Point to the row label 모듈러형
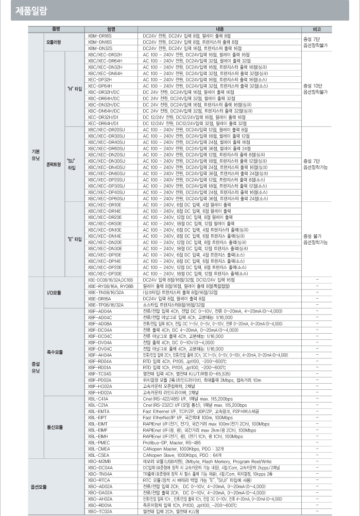tap(54, 41)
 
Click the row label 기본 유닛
tap(36, 154)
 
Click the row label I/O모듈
tap(54, 292)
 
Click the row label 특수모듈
tap(55, 352)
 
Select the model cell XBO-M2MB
tap(100, 461)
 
